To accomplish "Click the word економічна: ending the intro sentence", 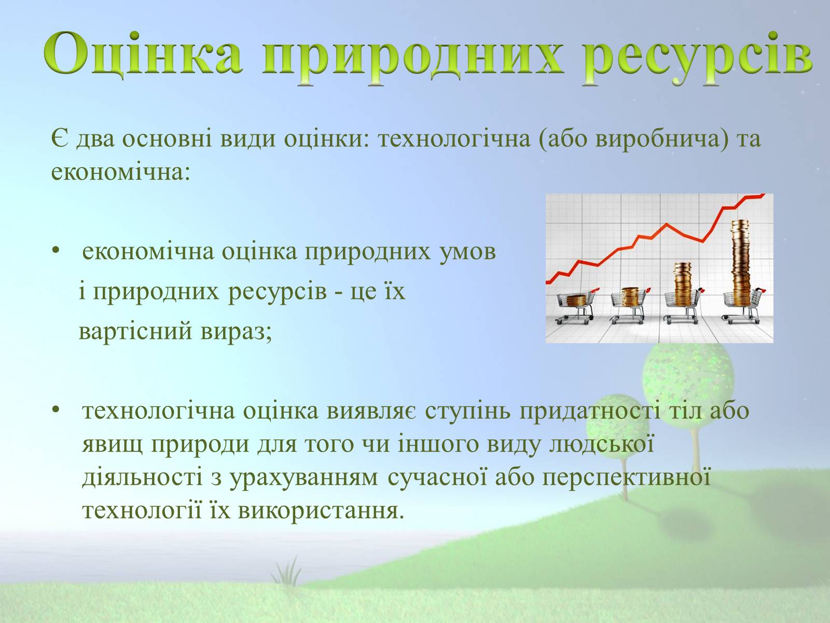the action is point(120,172).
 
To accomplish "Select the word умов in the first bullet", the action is point(467,252).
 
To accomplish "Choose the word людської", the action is point(601,445).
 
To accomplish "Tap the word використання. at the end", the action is point(321,511).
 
